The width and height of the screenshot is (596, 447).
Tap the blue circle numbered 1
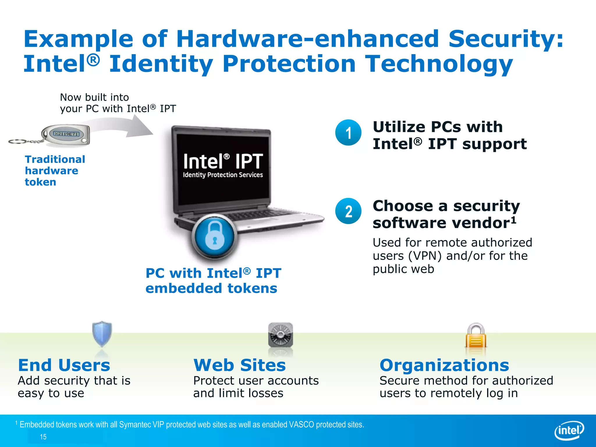(348, 133)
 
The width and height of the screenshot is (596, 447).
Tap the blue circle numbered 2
(348, 211)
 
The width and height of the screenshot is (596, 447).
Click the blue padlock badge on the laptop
(214, 237)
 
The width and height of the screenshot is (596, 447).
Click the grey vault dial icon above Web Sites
(280, 335)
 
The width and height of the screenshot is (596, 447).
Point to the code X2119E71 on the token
(66, 134)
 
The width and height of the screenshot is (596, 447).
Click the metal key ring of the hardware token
(18, 142)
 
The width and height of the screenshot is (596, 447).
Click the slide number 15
(43, 437)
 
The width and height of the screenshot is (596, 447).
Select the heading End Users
(64, 365)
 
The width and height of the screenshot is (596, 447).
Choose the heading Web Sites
(240, 365)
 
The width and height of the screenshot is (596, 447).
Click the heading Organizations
(444, 365)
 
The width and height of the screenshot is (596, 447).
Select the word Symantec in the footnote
(135, 425)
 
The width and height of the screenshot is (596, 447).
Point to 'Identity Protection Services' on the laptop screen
(223, 175)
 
